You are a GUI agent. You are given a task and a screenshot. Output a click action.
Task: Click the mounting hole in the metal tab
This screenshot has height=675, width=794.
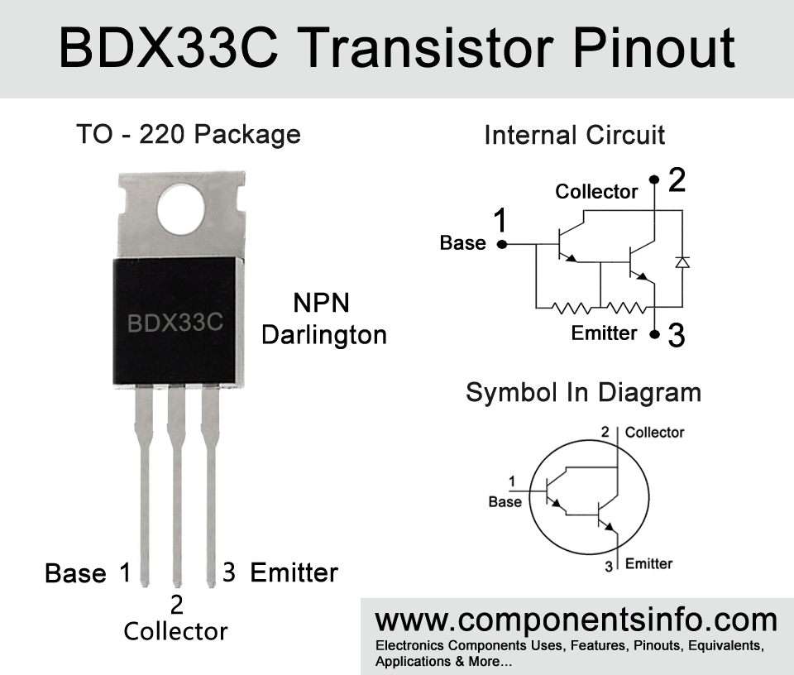181,209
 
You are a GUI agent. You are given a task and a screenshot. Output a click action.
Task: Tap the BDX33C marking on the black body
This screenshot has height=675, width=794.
175,323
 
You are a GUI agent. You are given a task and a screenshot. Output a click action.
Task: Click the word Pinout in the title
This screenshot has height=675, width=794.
653,49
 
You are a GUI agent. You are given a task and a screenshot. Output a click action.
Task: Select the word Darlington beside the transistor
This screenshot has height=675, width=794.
324,336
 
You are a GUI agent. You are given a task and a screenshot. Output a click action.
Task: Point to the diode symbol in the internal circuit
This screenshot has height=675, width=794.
682,261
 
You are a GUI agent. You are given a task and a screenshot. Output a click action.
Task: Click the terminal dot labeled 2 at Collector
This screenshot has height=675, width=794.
654,180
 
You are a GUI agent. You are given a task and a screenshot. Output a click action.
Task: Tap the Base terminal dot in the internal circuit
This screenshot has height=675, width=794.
502,245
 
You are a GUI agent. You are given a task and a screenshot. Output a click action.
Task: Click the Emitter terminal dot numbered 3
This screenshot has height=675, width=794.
655,334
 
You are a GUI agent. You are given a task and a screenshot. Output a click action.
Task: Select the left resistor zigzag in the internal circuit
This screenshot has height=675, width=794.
571,308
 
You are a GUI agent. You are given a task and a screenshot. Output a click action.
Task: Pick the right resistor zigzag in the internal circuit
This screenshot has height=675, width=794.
626,308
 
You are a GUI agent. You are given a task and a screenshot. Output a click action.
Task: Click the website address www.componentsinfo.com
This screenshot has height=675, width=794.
576,620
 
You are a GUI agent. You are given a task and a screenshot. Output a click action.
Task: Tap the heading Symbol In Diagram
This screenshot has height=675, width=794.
583,393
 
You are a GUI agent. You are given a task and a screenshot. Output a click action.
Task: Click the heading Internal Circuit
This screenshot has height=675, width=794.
574,135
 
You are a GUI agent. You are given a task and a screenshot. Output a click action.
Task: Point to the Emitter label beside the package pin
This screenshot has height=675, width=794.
294,572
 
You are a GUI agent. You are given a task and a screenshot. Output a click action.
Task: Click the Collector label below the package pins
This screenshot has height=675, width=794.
175,631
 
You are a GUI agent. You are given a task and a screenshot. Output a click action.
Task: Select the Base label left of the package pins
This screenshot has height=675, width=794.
75,573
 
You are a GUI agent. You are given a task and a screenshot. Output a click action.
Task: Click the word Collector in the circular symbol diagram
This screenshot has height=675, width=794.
654,433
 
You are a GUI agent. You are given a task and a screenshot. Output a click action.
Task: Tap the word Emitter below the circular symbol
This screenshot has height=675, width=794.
648,563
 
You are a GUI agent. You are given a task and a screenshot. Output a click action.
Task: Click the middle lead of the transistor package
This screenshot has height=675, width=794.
177,486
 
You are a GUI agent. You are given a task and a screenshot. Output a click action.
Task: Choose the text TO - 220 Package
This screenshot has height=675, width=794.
189,135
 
